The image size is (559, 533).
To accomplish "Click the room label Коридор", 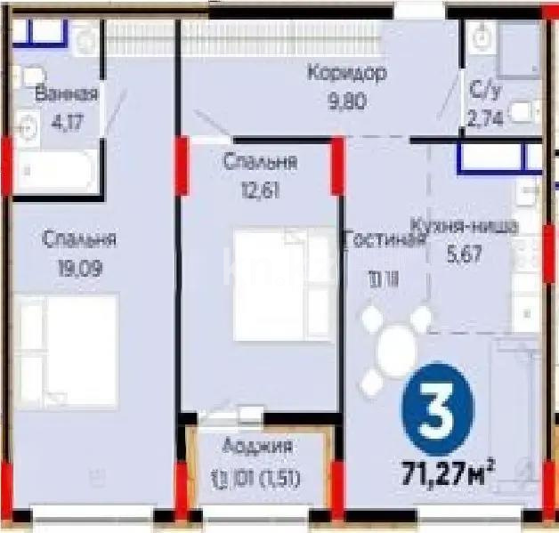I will tap(347, 73).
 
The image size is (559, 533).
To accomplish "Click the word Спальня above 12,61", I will tap(261, 163).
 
